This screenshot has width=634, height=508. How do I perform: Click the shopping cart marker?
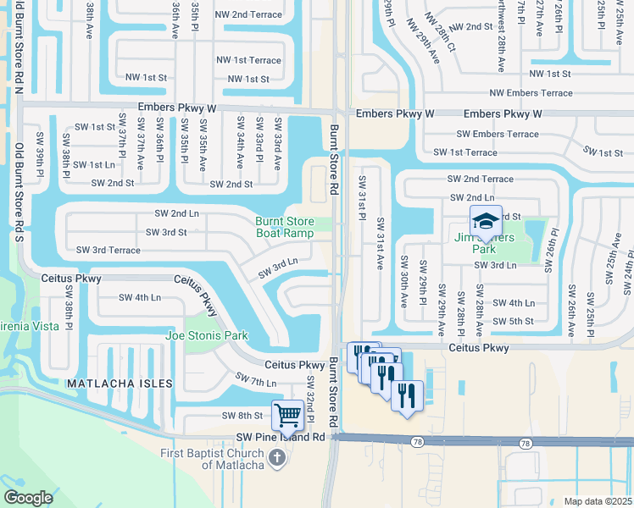pyautogui.click(x=288, y=415)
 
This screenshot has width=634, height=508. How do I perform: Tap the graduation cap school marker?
pyautogui.click(x=486, y=221)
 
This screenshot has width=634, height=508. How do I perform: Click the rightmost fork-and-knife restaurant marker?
pyautogui.click(x=407, y=395)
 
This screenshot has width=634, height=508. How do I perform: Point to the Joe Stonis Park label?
pyautogui.click(x=208, y=336)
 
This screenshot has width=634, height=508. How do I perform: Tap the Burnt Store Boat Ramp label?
pyautogui.click(x=285, y=228)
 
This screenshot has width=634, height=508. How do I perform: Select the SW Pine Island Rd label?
pyautogui.click(x=279, y=437)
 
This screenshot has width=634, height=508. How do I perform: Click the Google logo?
pyautogui.click(x=28, y=497)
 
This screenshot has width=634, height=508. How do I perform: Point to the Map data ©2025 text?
pyautogui.click(x=597, y=501)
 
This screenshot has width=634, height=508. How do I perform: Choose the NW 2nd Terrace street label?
pyautogui.click(x=248, y=15)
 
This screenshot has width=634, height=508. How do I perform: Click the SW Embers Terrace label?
pyautogui.click(x=498, y=134)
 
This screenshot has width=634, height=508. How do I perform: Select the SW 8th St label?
pyautogui.click(x=243, y=416)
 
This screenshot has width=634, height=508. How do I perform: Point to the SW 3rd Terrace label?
pyautogui.click(x=108, y=250)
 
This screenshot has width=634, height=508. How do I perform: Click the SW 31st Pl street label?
pyautogui.click(x=362, y=200)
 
